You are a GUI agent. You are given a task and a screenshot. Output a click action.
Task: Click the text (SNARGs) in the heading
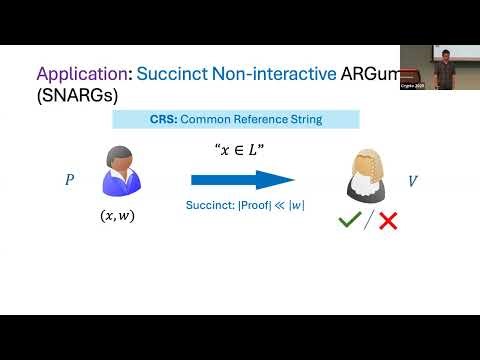tap(78, 97)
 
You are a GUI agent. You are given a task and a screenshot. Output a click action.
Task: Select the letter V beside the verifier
tap(412, 182)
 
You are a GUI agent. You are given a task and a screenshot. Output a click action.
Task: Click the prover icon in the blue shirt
tap(122, 171)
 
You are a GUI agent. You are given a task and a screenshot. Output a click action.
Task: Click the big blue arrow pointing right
tap(243, 180)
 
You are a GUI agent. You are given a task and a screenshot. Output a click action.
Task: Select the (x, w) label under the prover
tap(122, 215)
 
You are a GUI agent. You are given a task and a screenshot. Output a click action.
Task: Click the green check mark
tap(349, 220)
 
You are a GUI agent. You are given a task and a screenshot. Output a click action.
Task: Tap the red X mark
tap(387, 220)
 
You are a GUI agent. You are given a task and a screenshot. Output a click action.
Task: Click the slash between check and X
tap(368, 220)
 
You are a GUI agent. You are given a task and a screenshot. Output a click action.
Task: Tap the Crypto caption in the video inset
tap(414, 88)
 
